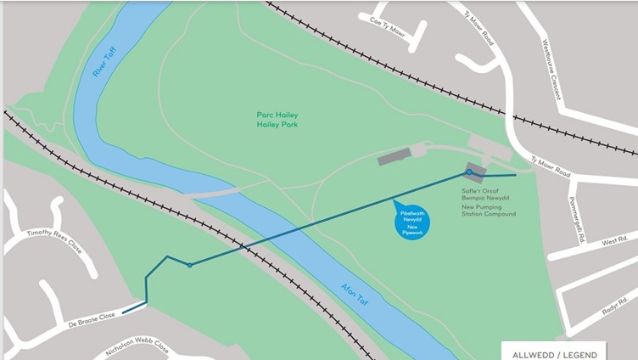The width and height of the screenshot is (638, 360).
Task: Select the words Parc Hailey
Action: [277, 115]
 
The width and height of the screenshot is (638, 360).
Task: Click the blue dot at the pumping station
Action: [468, 172]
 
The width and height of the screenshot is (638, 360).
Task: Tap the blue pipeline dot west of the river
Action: [189, 265]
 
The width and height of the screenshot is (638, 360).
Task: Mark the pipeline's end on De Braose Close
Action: [124, 312]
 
